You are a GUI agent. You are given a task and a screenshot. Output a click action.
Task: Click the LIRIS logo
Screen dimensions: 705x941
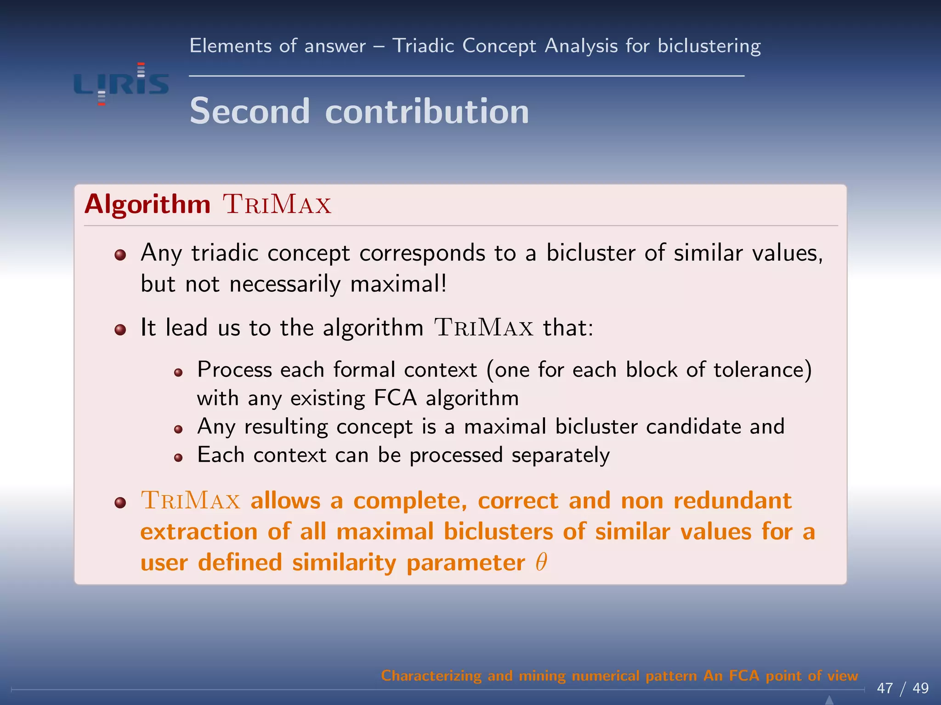pyautogui.click(x=121, y=84)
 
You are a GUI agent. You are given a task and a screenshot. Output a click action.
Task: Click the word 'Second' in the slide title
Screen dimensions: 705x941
pyautogui.click(x=249, y=111)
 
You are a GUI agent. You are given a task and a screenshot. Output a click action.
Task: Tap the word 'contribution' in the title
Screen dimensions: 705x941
pyautogui.click(x=427, y=111)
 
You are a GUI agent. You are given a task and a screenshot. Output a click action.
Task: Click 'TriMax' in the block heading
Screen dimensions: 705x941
pyautogui.click(x=277, y=205)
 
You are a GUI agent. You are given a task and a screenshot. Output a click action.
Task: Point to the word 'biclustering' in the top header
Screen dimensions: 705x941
pyautogui.click(x=709, y=46)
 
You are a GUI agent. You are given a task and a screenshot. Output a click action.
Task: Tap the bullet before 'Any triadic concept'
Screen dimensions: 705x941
pyautogui.click(x=120, y=255)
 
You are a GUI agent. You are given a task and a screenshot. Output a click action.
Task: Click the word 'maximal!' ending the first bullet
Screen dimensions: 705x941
pyautogui.click(x=398, y=284)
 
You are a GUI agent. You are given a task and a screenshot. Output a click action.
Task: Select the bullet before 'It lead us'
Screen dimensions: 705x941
pyautogui.click(x=120, y=330)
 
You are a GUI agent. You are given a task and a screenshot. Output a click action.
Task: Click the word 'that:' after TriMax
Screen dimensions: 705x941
pyautogui.click(x=568, y=328)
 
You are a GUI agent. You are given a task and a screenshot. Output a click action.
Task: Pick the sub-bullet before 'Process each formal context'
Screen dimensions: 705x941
pyautogui.click(x=179, y=372)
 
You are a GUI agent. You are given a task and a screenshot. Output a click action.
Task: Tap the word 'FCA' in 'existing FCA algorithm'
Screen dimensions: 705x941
pyautogui.click(x=395, y=398)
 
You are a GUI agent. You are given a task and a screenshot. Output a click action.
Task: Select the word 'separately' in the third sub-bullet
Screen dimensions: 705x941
pyautogui.click(x=561, y=455)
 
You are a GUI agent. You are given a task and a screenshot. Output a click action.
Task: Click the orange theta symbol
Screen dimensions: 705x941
pyautogui.click(x=541, y=562)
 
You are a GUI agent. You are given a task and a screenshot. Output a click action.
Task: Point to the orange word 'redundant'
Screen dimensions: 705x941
pyautogui.click(x=732, y=500)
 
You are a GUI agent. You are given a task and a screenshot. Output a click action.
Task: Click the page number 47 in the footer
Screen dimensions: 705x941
pyautogui.click(x=885, y=688)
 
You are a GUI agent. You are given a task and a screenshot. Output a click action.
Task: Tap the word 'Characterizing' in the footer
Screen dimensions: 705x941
pyautogui.click(x=431, y=676)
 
